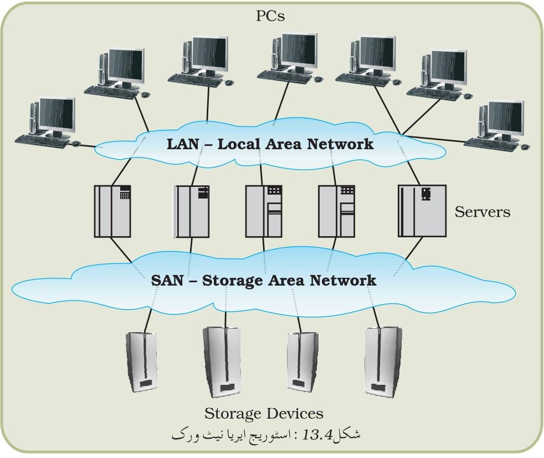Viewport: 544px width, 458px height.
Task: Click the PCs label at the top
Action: click(270, 16)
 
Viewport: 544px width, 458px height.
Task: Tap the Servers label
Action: click(483, 212)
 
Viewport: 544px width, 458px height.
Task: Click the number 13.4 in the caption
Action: click(318, 434)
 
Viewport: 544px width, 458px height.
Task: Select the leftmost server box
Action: click(112, 211)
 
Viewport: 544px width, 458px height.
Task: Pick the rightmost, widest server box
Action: click(422, 211)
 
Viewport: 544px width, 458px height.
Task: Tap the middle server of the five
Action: click(264, 211)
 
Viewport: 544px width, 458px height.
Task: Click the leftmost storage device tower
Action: click(141, 362)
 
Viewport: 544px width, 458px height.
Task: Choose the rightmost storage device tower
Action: click(383, 362)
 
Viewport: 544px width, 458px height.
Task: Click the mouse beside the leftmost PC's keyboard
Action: click(76, 144)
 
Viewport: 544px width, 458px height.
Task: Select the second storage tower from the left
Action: click(222, 362)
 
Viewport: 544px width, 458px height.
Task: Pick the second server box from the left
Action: click(192, 211)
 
